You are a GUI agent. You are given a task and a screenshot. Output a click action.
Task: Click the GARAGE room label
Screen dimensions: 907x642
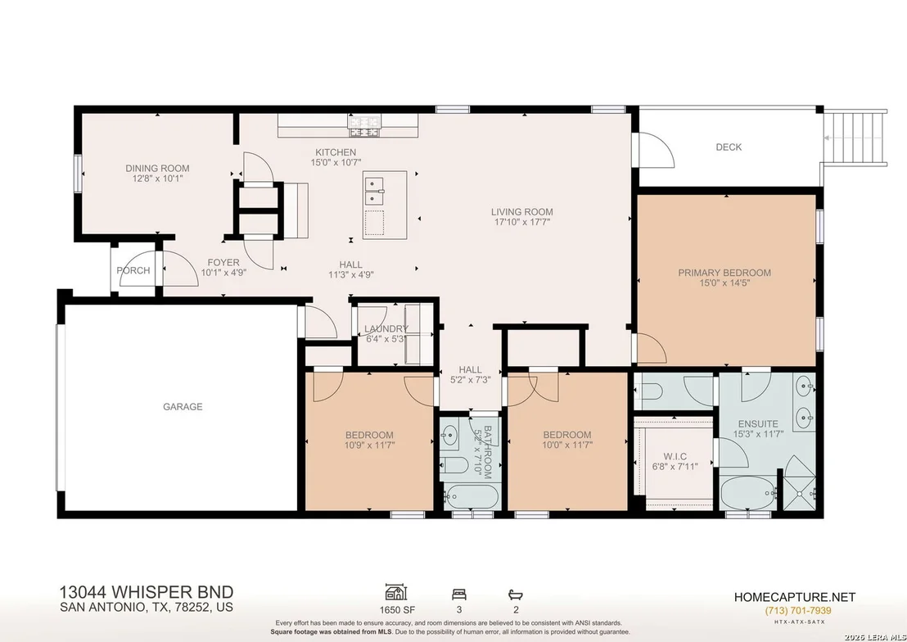(183, 407)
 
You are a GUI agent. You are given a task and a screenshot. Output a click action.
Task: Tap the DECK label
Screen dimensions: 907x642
(729, 147)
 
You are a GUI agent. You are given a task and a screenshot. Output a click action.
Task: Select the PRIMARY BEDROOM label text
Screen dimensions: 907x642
(724, 273)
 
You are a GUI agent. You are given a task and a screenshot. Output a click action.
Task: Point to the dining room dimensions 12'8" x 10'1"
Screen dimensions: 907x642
(157, 179)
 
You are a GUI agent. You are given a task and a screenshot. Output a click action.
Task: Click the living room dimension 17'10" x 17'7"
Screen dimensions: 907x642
(521, 222)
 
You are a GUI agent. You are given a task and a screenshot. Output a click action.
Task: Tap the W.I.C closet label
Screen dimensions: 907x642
(675, 457)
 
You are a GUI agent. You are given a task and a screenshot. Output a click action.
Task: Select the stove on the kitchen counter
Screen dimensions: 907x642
(364, 125)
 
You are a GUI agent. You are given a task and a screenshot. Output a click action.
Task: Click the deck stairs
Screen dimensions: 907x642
(855, 138)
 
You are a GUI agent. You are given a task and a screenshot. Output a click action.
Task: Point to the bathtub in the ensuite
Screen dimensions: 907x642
(748, 493)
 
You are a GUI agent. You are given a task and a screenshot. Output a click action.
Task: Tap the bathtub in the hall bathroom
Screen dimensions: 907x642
(472, 496)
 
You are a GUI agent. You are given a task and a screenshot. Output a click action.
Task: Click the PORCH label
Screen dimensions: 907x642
(133, 270)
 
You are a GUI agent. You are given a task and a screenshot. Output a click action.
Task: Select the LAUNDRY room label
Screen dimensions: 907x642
(386, 329)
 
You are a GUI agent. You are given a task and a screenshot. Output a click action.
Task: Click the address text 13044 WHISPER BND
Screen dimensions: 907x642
(147, 592)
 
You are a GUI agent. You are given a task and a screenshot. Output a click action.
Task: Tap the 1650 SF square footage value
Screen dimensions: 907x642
(397, 609)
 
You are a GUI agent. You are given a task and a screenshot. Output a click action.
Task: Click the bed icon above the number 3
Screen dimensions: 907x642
(459, 594)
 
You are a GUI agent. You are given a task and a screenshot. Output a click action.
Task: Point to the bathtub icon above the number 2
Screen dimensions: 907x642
(516, 594)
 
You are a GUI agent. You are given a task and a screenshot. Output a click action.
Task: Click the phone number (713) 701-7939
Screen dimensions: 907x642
(798, 611)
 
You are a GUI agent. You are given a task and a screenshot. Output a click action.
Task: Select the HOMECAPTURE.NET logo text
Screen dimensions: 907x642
(795, 597)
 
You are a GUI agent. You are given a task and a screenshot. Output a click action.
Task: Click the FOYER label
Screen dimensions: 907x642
(223, 263)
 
